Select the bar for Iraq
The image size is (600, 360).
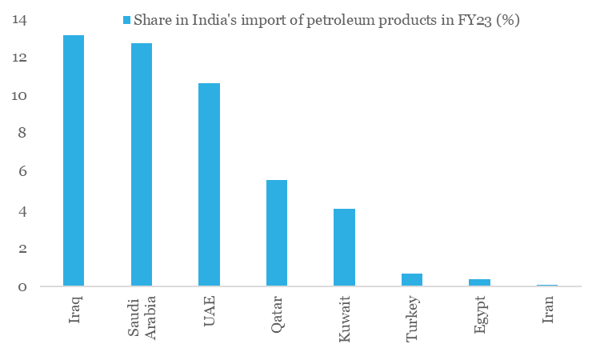(x=74, y=160)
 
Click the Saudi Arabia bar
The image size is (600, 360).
(x=142, y=164)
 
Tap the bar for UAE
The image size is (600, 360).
(x=209, y=184)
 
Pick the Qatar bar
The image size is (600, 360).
(x=277, y=233)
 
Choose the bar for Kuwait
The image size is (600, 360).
(x=344, y=247)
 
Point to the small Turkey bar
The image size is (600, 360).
(x=412, y=280)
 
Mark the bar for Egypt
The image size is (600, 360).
(x=479, y=282)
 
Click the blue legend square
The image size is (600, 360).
(x=126, y=20)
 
